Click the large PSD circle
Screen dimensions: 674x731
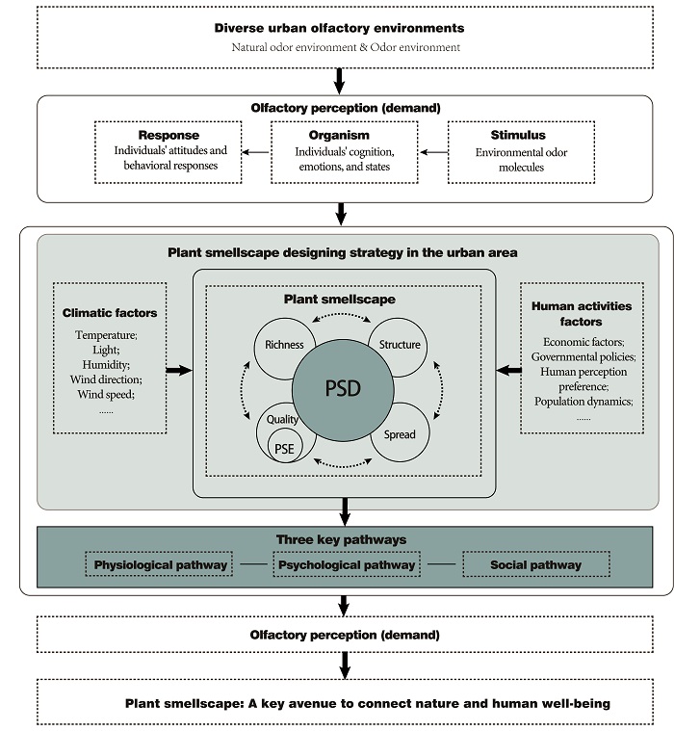point(343,390)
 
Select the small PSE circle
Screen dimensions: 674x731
point(285,446)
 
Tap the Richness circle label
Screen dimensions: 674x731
point(284,345)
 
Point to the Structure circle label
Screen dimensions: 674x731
point(400,345)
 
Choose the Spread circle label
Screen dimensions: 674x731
point(400,434)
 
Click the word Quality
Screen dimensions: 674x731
point(282,419)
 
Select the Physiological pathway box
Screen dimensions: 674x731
point(159,564)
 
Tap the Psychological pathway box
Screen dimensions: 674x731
point(347,564)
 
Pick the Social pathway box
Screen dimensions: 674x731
point(536,564)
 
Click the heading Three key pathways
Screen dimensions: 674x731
point(341,539)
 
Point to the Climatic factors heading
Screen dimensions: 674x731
point(110,313)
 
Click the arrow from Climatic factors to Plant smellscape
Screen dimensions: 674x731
point(179,371)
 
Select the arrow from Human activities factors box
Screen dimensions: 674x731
point(508,371)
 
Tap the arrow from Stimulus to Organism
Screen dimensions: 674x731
point(434,152)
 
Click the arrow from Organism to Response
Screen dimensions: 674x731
point(256,152)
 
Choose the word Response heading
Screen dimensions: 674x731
point(168,135)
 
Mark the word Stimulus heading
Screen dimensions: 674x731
point(518,135)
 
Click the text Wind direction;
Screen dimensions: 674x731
point(106,379)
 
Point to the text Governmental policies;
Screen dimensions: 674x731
point(583,356)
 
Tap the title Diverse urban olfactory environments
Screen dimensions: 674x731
point(339,28)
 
